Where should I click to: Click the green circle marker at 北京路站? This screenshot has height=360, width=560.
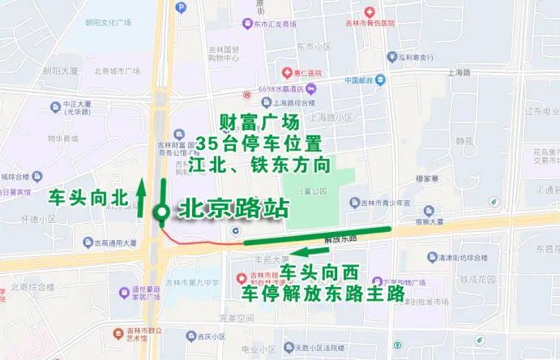click(x=162, y=212)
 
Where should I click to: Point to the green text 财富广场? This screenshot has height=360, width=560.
click(x=259, y=122)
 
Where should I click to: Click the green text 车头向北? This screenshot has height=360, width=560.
click(x=88, y=196)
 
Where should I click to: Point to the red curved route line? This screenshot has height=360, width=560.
click(x=203, y=239)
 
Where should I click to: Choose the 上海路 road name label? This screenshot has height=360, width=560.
click(x=459, y=72)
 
